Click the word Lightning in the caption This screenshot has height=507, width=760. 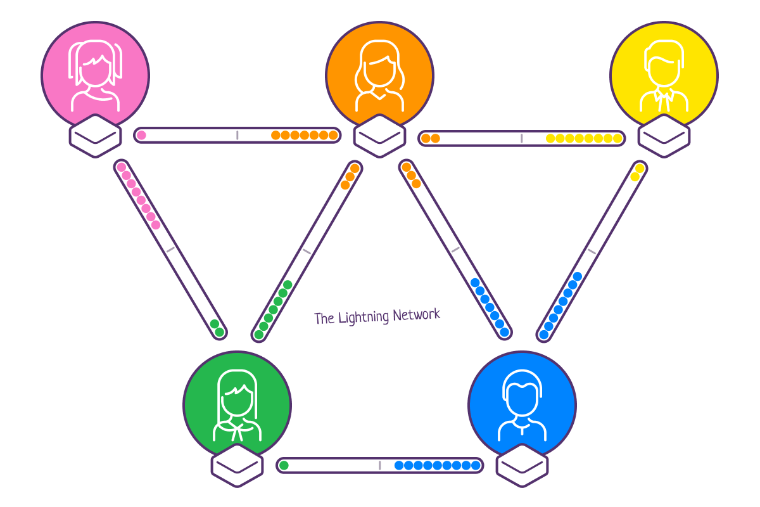point(364,317)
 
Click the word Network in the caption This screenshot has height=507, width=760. point(416,314)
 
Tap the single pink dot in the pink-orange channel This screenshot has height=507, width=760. point(141,135)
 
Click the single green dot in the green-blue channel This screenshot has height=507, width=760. point(284,466)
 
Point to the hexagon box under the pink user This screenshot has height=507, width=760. point(95,136)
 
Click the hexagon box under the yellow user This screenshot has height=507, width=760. point(664,136)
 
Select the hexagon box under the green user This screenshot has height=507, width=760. point(237,465)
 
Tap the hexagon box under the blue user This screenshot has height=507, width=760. point(522,465)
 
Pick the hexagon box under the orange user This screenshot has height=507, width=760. point(379,136)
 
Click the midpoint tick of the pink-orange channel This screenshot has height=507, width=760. point(237,135)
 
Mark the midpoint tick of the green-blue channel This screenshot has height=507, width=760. point(379,466)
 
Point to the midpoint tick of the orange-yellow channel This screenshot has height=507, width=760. point(522,138)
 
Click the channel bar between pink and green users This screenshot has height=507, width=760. point(170,250)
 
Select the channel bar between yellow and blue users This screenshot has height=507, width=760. point(592,251)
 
